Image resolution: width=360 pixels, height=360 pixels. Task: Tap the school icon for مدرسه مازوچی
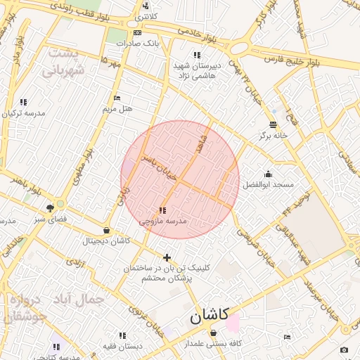tap(162, 210)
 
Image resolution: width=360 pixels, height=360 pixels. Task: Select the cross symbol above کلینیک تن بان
tap(167, 257)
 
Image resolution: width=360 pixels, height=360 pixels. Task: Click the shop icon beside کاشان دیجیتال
tap(106, 230)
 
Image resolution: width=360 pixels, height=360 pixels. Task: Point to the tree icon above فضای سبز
tap(50, 208)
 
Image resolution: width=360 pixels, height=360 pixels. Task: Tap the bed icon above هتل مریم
tap(117, 98)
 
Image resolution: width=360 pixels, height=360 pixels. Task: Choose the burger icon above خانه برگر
tap(273, 124)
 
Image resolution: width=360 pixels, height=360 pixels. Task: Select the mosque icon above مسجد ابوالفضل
tap(267, 174)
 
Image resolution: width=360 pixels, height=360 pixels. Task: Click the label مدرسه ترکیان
tap(25, 112)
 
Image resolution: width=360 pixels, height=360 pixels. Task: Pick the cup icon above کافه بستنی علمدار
tap(213, 333)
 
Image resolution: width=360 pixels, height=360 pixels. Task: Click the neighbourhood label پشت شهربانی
tap(63, 62)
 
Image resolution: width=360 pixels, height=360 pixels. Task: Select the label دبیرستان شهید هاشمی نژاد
tap(198, 69)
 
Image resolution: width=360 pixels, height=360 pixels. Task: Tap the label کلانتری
tap(145, 15)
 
